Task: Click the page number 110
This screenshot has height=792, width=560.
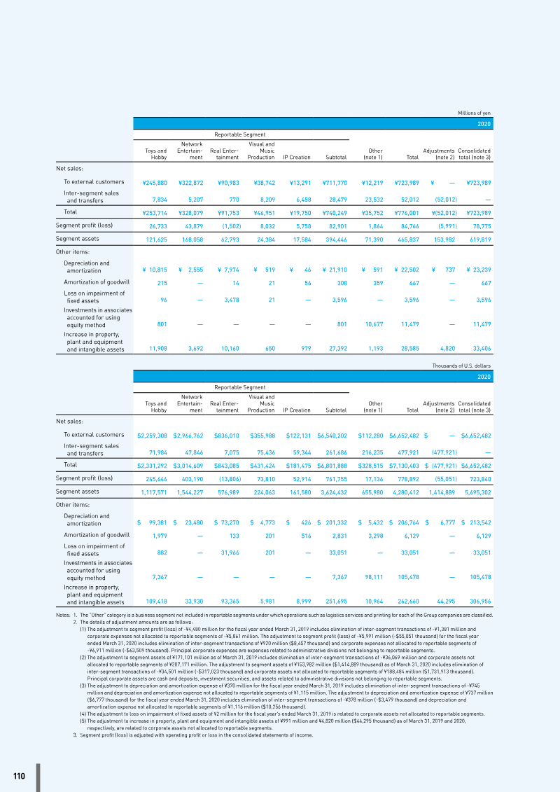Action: point(19,776)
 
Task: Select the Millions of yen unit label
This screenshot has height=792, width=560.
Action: point(474,113)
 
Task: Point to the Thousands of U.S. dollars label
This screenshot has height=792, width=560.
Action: point(461,366)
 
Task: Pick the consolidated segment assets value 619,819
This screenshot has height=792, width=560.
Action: point(481,239)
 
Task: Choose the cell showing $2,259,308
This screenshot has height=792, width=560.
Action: point(153,436)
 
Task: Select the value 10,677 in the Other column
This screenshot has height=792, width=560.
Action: point(373,324)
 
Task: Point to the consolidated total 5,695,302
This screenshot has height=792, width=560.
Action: point(477,492)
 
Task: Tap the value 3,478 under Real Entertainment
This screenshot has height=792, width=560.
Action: point(232,300)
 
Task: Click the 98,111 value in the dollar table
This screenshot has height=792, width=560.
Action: point(374,577)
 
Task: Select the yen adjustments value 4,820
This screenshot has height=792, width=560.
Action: point(449,349)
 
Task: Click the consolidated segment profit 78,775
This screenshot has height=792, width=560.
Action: point(482,225)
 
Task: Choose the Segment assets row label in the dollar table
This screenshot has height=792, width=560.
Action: point(77,492)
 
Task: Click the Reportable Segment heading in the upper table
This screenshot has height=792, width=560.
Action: point(240,134)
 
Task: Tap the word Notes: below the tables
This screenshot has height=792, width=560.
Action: point(63,616)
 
